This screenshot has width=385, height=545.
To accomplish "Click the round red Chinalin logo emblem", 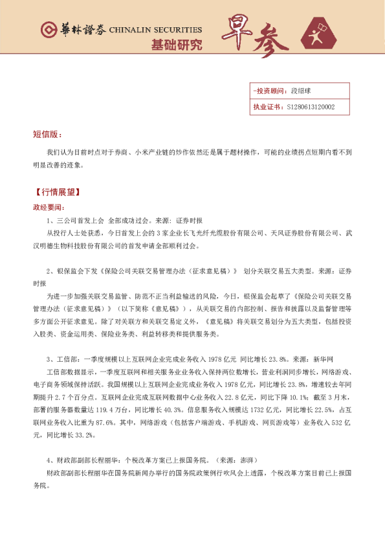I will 48,30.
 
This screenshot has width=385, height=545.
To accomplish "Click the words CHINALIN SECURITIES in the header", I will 155,30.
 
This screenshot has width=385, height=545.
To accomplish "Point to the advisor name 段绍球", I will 302,92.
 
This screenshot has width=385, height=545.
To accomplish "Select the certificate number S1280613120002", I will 311,107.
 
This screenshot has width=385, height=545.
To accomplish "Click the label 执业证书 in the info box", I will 267,107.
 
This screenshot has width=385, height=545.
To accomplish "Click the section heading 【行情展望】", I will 56,193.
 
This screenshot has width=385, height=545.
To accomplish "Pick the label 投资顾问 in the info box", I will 269,92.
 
